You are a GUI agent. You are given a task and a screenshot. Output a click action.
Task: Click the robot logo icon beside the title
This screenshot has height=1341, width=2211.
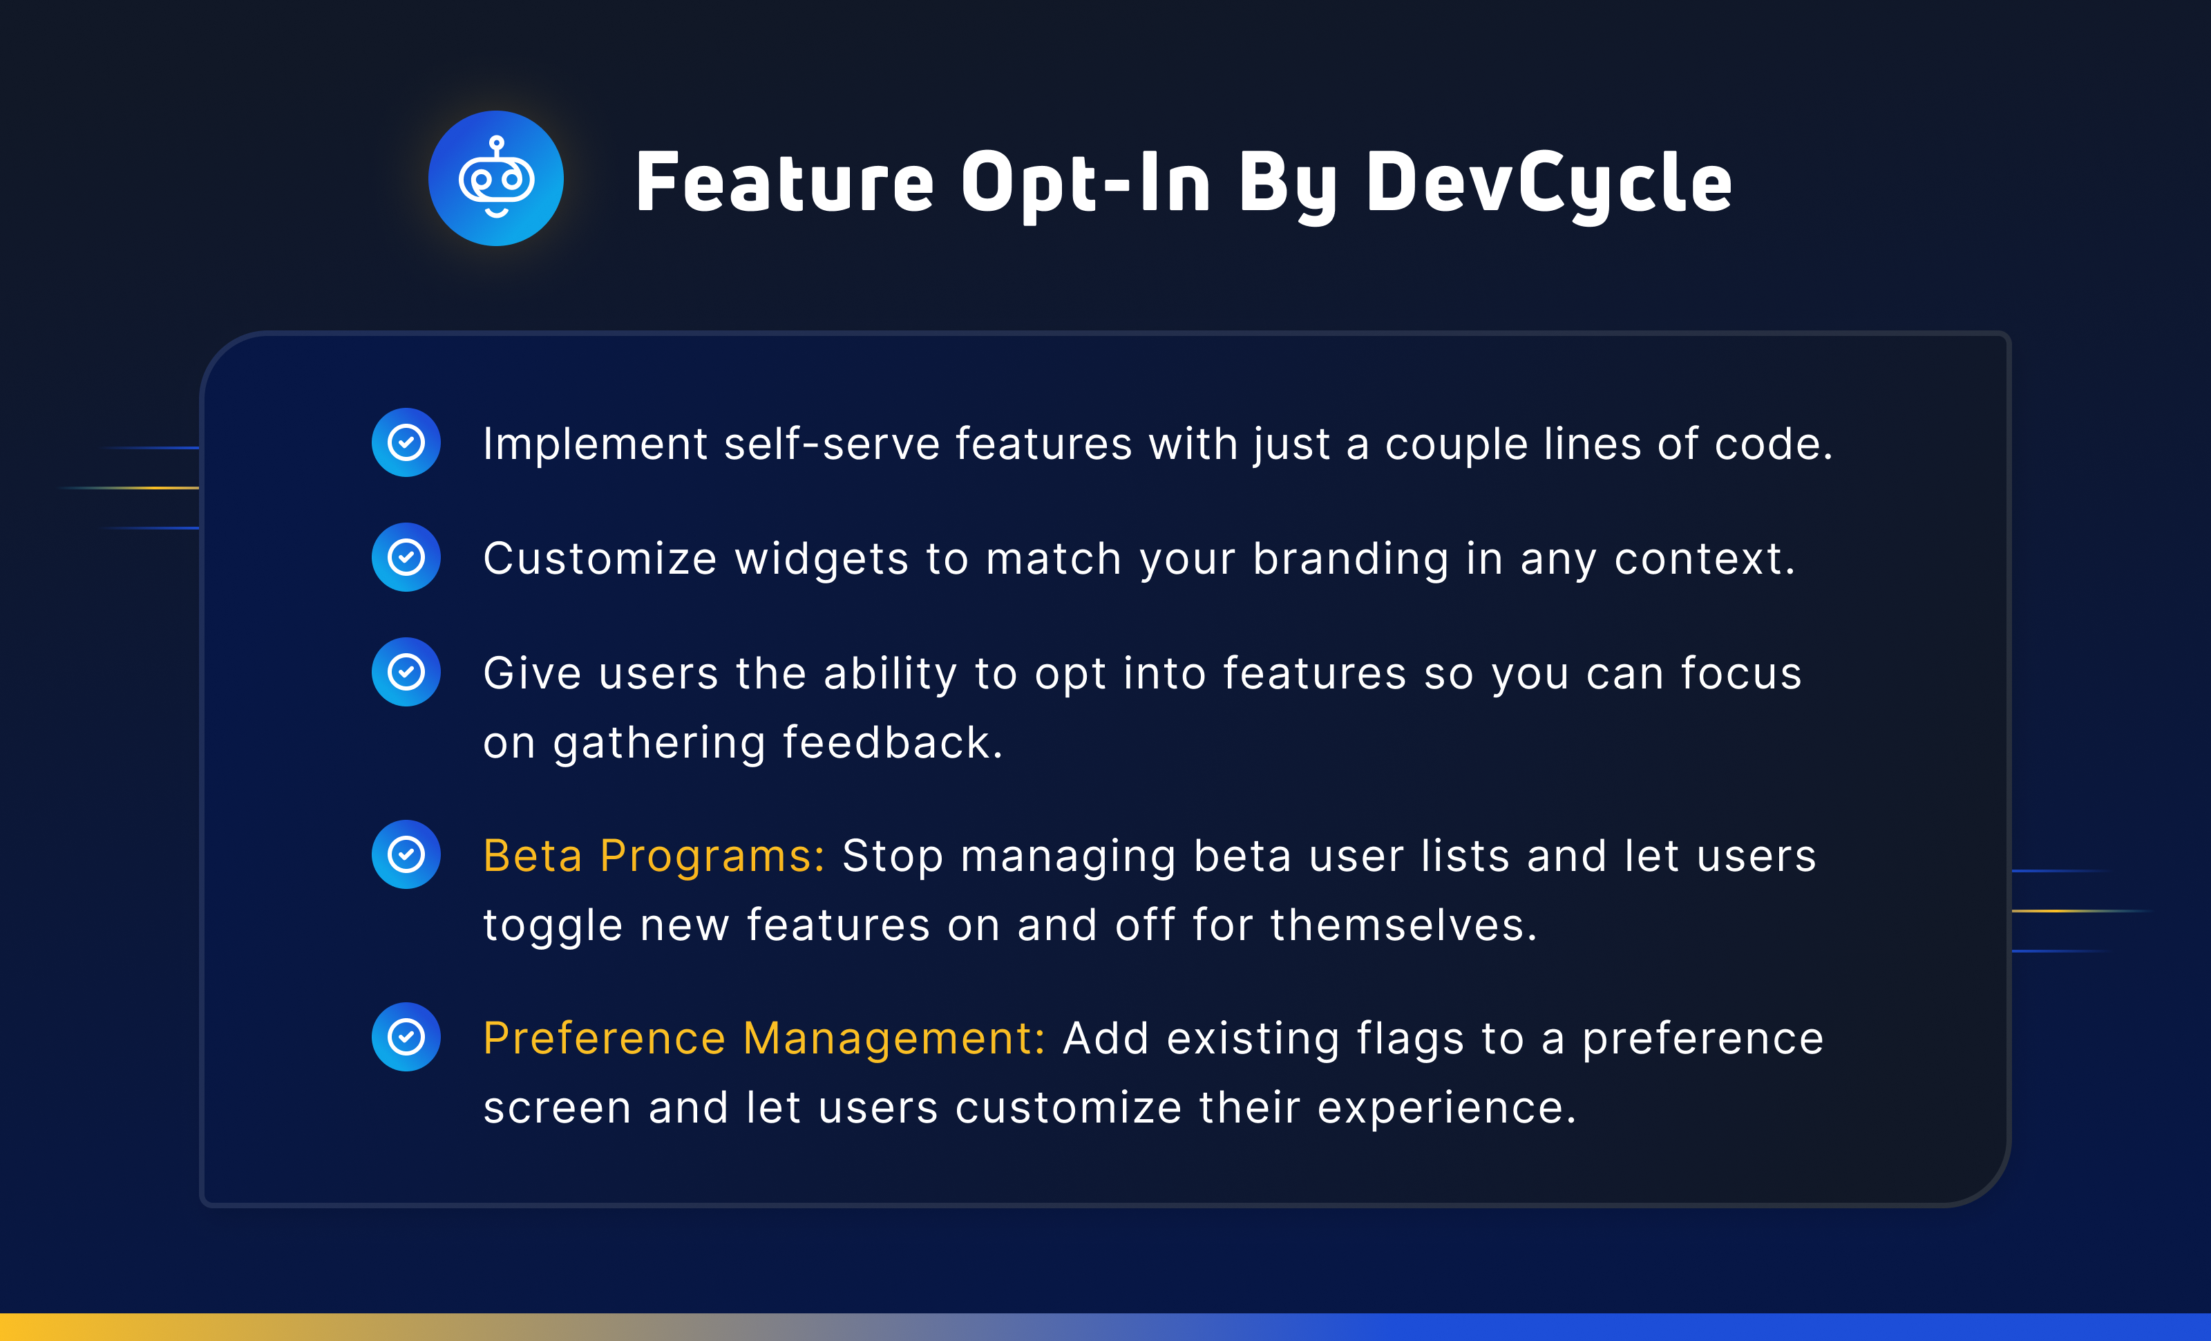click(495, 178)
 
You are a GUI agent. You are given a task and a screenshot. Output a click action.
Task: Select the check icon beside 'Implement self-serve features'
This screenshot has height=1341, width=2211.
click(406, 442)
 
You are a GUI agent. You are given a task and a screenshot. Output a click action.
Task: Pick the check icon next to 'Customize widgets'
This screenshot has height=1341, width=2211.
click(406, 557)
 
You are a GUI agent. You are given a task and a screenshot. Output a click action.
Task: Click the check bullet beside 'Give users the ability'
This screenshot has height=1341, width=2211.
click(406, 673)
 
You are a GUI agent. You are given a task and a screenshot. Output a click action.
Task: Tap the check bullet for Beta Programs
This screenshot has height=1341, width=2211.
click(406, 854)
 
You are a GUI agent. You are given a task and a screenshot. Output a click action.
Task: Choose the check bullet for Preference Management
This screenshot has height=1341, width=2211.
click(406, 1037)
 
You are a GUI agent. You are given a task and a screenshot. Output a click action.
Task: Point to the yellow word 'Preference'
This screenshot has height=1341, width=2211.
click(604, 1038)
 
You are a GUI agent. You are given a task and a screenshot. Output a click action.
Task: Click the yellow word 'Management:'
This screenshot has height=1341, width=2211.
click(895, 1038)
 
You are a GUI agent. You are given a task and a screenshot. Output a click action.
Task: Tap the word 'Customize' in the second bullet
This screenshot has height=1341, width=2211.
click(600, 559)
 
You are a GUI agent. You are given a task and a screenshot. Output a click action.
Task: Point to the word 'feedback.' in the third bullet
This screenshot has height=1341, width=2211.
click(892, 743)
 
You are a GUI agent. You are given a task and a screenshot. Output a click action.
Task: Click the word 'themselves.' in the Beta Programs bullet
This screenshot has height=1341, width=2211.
click(1403, 926)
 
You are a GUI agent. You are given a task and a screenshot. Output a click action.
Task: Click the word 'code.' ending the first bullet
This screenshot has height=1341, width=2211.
click(1773, 444)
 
